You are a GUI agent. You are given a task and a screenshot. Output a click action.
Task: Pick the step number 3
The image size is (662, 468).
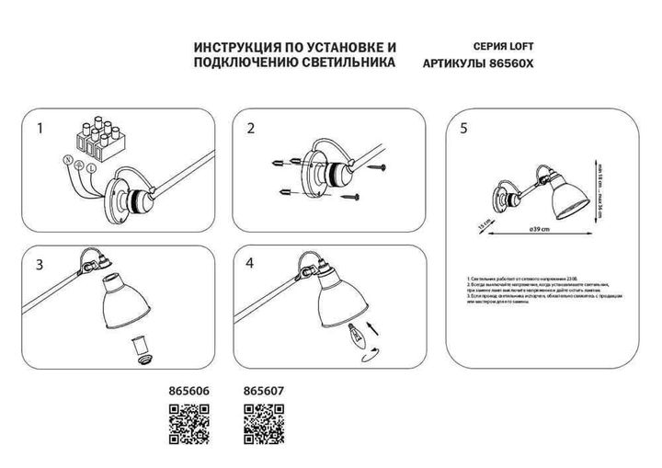40,266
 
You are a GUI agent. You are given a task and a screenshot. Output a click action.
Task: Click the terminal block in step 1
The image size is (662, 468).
102,135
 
